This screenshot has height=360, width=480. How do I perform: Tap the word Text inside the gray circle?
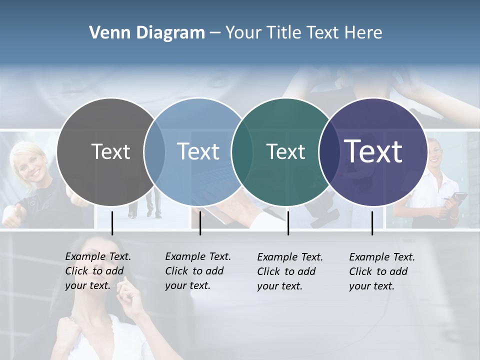pos(110,151)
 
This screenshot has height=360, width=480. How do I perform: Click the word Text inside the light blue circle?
pos(198,151)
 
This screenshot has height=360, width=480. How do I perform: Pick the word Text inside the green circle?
pos(285,151)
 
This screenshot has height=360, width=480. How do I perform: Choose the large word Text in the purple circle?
pos(373,151)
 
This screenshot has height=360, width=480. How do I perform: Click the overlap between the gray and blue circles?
pos(154,152)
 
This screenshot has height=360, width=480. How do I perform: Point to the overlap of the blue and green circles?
pos(242,152)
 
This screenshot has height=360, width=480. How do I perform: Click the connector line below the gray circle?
pos(112,223)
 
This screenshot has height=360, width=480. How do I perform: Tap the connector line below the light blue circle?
pos(200,223)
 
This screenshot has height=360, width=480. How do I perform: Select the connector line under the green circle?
pos(288,223)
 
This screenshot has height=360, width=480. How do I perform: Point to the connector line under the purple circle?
pos(372,223)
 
